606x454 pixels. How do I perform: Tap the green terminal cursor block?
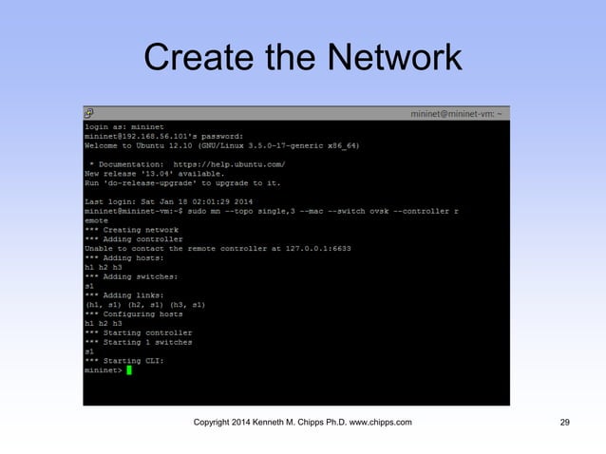coord(129,369)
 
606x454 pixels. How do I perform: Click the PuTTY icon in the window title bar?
coord(89,113)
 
